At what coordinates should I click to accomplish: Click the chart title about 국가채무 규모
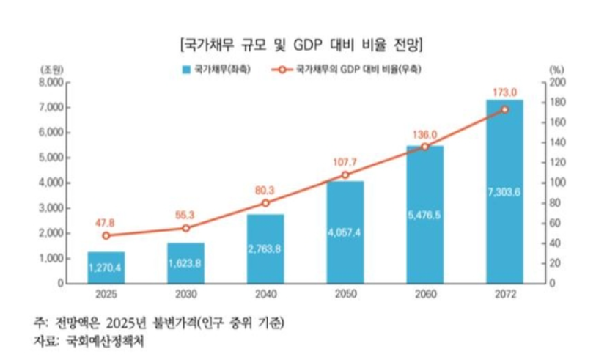tap(303, 44)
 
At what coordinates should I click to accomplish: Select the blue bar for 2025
tap(106, 268)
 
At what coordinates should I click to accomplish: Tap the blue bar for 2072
tap(504, 191)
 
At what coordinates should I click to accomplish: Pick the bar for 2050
tap(345, 231)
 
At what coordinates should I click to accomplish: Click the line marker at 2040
tap(266, 203)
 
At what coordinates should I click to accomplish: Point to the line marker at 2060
tap(425, 147)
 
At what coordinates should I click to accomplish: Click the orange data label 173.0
tap(505, 92)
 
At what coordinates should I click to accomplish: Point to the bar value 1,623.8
tap(186, 263)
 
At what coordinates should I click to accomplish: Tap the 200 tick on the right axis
tap(557, 83)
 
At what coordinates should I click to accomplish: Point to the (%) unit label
tap(556, 68)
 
